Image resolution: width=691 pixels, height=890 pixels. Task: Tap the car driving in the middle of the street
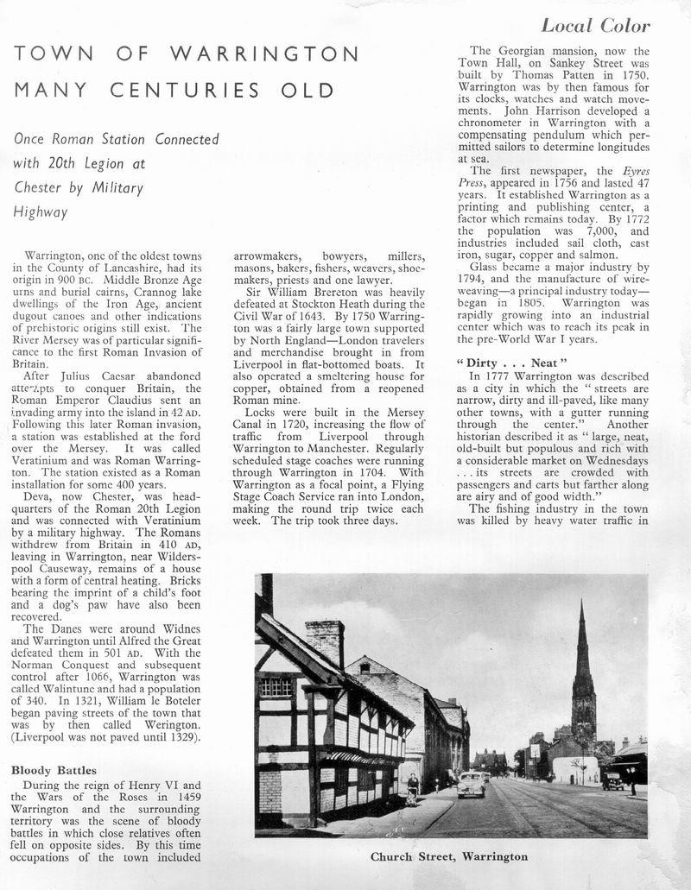point(471,784)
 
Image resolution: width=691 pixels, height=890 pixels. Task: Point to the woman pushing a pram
point(413,788)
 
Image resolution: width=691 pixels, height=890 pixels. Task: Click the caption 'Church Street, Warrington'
point(449,857)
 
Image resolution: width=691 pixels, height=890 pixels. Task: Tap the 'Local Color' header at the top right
point(595,25)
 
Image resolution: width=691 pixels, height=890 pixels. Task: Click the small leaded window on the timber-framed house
point(276,686)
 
